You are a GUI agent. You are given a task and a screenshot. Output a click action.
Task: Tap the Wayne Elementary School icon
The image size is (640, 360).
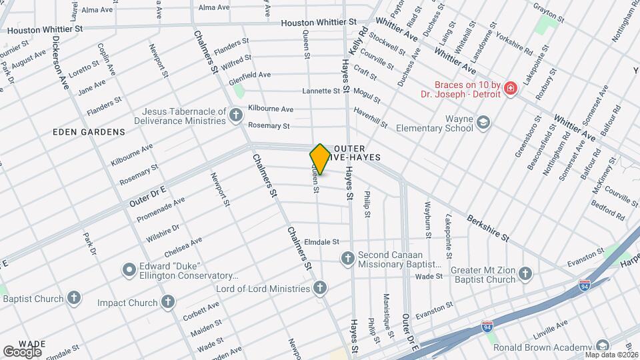click(483, 122)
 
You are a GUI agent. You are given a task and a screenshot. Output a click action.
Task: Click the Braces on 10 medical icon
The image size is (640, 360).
click(511, 89)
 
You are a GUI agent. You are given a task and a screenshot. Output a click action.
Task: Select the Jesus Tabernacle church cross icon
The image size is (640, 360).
click(235, 116)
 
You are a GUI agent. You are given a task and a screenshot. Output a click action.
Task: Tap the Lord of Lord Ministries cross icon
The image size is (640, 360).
click(321, 289)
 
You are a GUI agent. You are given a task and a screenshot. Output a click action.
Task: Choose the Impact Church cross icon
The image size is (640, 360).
click(167, 303)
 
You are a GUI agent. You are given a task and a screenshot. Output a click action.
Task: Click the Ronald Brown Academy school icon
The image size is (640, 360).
click(603, 346)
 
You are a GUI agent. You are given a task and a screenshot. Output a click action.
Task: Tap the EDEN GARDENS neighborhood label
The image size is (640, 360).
click(89, 132)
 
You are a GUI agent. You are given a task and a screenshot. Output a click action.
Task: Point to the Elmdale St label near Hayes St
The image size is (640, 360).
click(322, 242)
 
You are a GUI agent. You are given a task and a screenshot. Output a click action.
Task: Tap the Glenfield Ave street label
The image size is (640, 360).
click(249, 76)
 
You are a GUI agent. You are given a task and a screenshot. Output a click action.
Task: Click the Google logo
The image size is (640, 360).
click(21, 351)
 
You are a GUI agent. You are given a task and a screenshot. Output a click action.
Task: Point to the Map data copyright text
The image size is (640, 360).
click(611, 354)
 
